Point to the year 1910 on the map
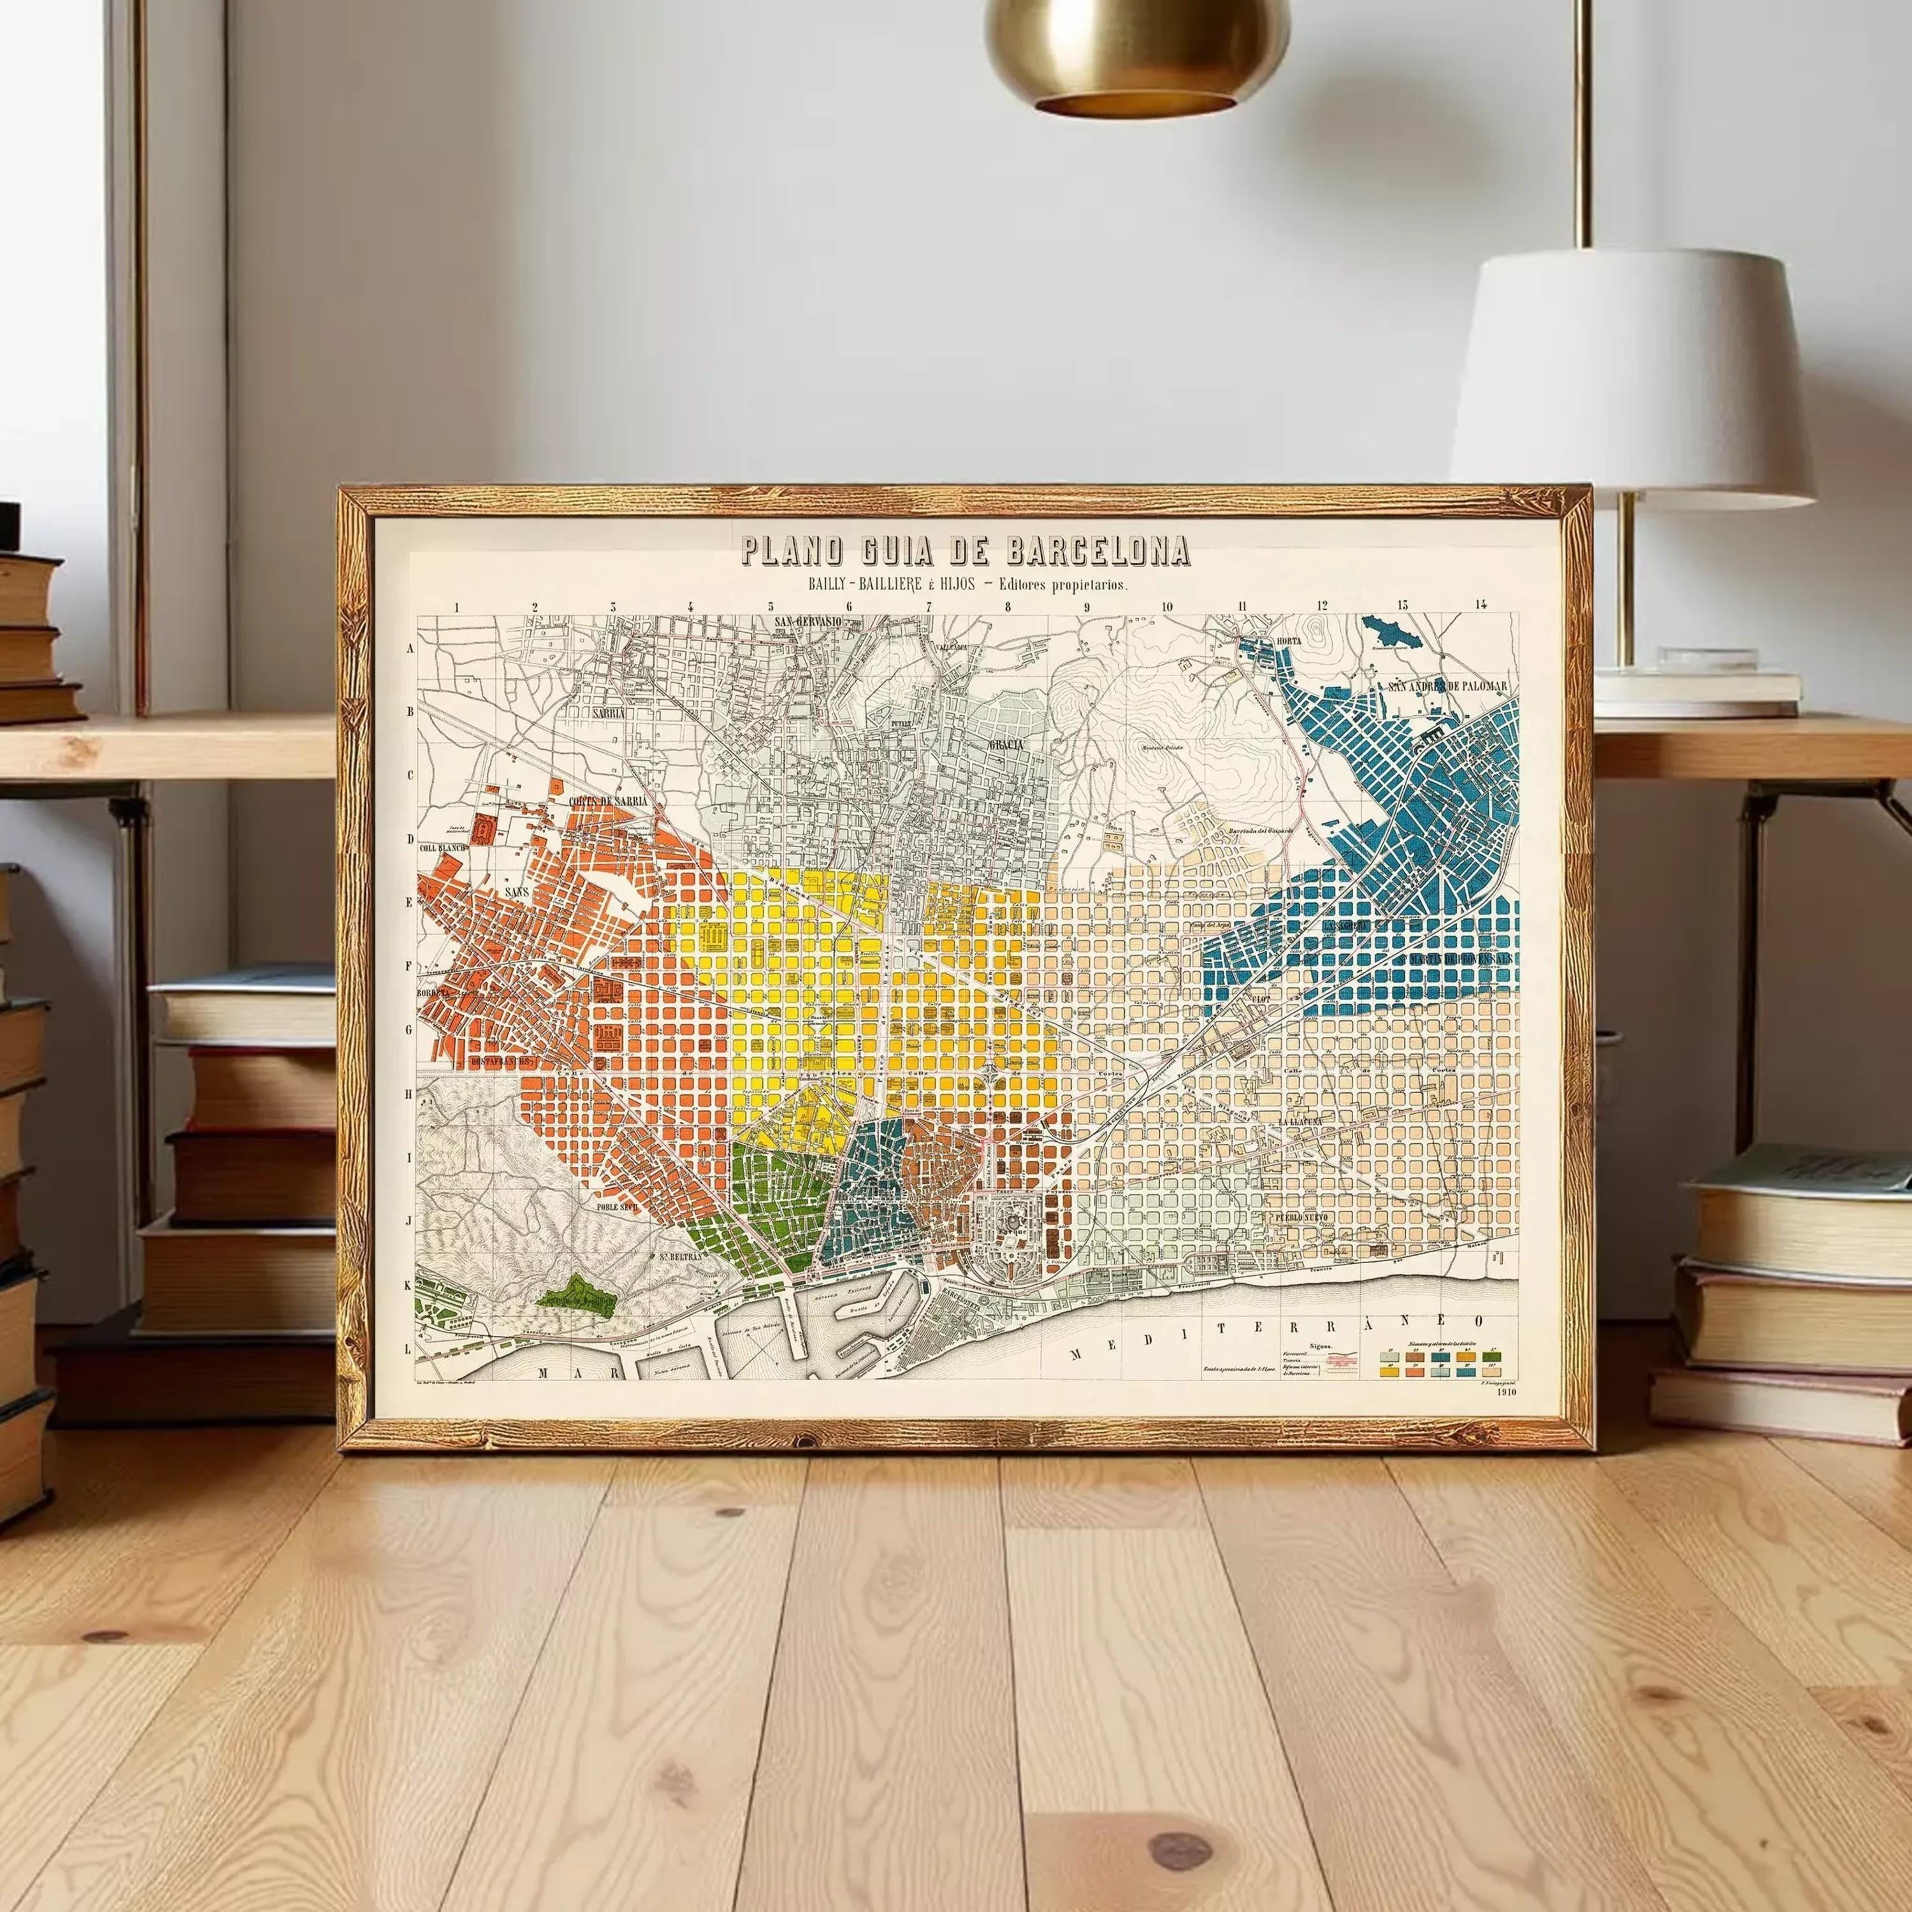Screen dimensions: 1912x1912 click(x=1508, y=1391)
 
